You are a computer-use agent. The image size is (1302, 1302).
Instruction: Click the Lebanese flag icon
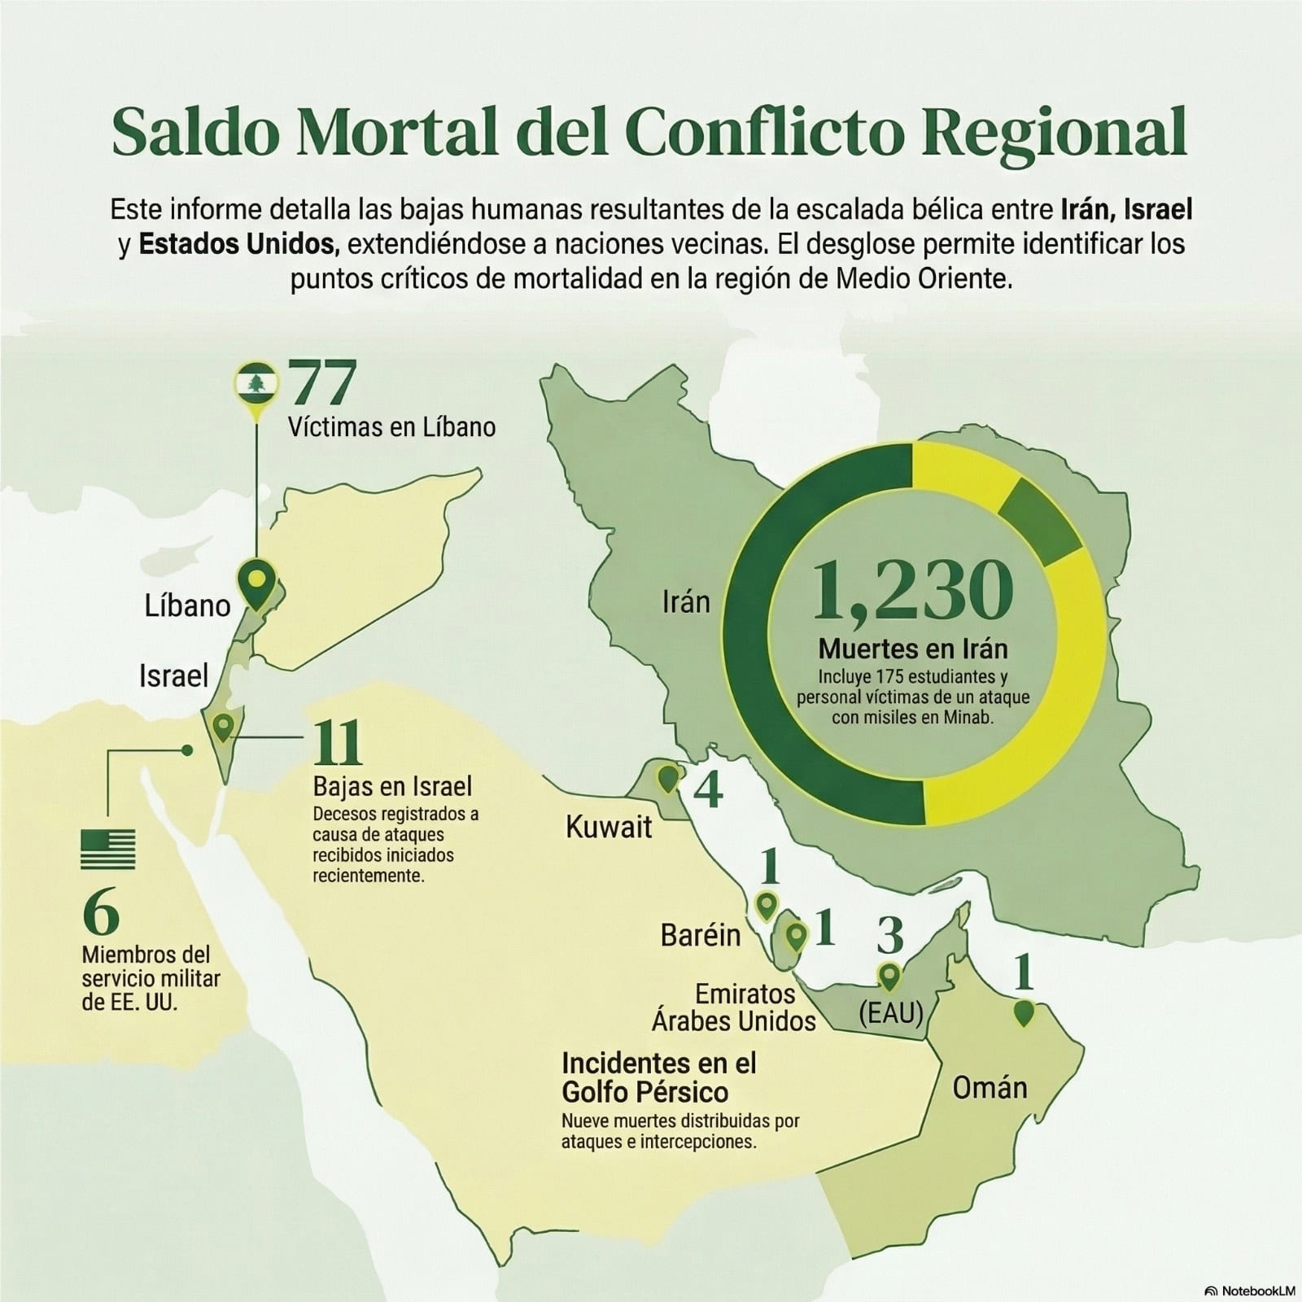(257, 383)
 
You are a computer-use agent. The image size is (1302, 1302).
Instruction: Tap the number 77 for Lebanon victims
(323, 383)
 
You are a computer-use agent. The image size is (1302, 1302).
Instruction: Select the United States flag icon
(108, 850)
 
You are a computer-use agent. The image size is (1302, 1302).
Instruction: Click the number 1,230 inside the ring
(912, 590)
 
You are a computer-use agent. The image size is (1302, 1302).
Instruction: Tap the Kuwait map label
(609, 828)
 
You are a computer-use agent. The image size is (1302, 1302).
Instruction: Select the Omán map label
(990, 1087)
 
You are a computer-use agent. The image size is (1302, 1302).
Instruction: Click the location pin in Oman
(1024, 1013)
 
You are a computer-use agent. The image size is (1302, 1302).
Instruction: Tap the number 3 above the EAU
(889, 936)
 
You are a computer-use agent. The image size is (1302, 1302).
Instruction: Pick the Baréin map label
(701, 935)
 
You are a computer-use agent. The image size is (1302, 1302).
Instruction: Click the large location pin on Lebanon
(257, 583)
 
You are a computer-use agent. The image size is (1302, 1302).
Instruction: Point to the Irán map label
(686, 602)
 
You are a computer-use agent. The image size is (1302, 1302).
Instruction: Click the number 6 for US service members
(101, 913)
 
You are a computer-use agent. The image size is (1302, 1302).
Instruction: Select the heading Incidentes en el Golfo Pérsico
(659, 1077)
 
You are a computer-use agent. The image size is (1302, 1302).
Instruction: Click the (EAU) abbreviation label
(891, 1013)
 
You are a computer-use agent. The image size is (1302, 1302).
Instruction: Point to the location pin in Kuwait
(667, 778)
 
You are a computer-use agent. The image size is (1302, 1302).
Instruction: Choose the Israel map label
(173, 675)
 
